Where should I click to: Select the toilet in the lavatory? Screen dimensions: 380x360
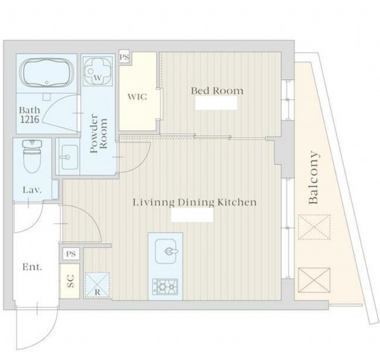point(31,156)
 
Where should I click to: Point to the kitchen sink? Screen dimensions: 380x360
point(166,251)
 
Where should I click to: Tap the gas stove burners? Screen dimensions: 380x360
point(165,286)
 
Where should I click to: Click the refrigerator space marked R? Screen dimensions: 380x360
point(97,285)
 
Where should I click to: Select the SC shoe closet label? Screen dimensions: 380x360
point(70,281)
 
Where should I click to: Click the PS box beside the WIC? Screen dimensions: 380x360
point(125,58)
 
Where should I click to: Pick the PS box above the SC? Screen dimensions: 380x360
point(71,254)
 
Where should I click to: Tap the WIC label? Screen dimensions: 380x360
point(137,97)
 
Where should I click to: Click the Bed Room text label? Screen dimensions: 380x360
point(217,91)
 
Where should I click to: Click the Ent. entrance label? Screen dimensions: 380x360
point(32,267)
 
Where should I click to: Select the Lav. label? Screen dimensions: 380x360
point(32,190)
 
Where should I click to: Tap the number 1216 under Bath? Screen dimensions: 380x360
point(30,119)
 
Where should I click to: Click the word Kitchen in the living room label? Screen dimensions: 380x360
point(236,202)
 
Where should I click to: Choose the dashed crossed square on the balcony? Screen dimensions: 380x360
point(314,227)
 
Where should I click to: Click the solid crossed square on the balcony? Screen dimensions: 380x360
point(314,280)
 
